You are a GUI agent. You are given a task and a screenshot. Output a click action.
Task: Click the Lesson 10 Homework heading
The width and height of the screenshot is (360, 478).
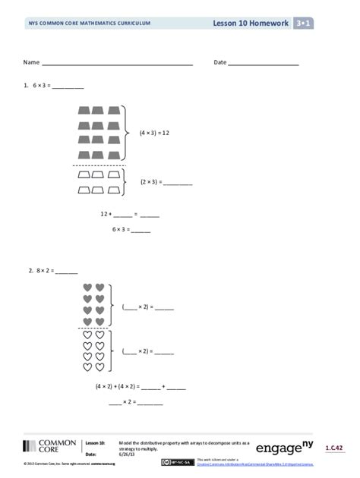pos(251,24)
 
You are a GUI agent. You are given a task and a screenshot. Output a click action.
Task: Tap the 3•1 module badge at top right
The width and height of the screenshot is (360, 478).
pos(303,24)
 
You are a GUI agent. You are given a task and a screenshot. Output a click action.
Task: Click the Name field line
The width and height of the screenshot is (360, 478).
pos(118,63)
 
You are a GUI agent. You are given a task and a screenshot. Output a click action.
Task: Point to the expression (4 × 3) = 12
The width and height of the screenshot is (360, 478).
pos(154,133)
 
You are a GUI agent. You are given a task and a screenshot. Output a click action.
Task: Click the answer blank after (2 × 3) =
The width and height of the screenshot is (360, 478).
pos(178,183)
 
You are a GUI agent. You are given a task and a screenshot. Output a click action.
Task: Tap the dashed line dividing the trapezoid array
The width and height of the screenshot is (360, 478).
pos(99,165)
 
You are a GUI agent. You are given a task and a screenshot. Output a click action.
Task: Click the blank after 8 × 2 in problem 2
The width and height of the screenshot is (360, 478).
pos(66,270)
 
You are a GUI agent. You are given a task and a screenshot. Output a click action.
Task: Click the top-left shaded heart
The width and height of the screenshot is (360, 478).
pos(87,288)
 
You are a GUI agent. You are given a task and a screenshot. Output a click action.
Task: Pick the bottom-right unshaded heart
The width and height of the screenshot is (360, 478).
pos(99,368)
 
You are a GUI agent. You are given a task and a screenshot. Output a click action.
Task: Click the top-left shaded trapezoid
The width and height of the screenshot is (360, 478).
pos(84,112)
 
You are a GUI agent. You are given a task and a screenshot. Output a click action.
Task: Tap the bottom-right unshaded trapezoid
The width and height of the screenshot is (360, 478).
pos(113,188)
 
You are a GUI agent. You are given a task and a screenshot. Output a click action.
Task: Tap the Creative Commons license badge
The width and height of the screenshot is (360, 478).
pos(183,461)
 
